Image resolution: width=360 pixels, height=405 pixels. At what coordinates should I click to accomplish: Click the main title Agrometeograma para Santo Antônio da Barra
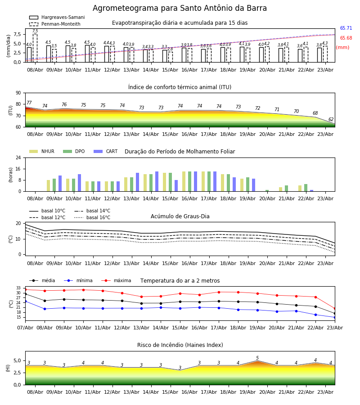tap(180, 8)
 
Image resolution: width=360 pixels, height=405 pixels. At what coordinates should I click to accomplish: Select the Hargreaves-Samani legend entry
tap(57, 17)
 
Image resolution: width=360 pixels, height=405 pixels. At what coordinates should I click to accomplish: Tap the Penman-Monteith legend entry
tap(55, 24)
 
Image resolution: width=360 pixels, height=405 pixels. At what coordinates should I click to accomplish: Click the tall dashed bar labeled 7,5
tap(35, 48)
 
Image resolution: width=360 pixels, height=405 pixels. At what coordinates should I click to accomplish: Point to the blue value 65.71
tap(346, 28)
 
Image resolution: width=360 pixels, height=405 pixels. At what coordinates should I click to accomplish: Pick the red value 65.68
tap(346, 38)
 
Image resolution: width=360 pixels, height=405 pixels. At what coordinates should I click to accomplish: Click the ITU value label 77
tap(29, 103)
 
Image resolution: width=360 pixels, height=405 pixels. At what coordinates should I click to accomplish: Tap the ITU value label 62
tap(331, 119)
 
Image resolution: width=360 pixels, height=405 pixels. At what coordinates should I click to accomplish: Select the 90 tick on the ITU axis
tap(18, 93)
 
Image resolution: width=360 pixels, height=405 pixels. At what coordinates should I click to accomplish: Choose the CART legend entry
tap(106, 151)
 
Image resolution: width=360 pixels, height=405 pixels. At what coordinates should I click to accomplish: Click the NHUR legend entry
tap(42, 151)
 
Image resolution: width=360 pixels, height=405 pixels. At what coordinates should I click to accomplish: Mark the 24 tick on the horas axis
tap(18, 157)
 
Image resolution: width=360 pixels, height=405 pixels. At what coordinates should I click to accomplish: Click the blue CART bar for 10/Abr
tap(80, 183)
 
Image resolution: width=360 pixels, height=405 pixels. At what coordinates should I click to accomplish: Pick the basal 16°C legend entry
tap(92, 217)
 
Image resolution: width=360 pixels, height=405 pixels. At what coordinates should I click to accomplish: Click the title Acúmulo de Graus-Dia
tap(180, 216)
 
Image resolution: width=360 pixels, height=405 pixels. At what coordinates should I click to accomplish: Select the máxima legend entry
tap(116, 280)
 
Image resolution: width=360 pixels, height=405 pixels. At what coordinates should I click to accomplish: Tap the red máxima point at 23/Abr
tap(335, 309)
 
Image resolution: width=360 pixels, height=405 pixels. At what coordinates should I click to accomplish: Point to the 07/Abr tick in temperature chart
tap(25, 328)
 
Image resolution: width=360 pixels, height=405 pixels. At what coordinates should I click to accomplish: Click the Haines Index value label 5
tap(257, 358)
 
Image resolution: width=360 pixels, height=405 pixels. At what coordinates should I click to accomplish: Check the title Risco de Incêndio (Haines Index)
tap(180, 345)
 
